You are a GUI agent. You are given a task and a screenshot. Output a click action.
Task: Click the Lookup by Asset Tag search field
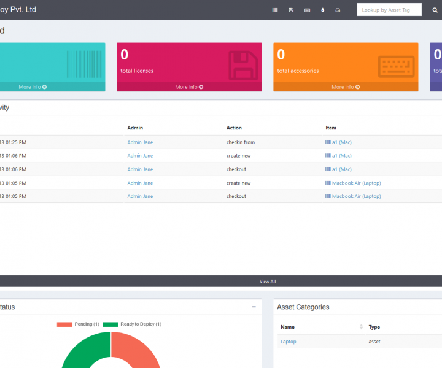(389, 10)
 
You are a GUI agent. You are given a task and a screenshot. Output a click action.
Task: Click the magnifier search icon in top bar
(435, 10)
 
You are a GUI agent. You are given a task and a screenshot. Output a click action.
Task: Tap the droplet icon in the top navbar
(323, 10)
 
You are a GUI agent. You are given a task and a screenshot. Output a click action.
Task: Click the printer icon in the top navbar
(338, 10)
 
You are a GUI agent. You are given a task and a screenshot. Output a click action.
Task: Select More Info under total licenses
(189, 87)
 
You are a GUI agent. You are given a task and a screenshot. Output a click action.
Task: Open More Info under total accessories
(346, 87)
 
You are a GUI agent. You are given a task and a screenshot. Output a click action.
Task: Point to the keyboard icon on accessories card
(396, 66)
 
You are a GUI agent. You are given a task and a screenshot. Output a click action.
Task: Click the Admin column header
(135, 128)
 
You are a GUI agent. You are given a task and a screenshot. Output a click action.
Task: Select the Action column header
(234, 128)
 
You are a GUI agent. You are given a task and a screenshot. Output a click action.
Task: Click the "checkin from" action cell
(241, 142)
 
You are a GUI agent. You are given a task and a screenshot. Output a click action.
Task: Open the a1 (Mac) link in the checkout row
(341, 169)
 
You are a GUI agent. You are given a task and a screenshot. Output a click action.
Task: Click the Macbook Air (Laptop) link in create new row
(356, 183)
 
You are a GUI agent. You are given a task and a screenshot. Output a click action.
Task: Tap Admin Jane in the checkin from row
(140, 142)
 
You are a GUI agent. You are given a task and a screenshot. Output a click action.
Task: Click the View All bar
(268, 282)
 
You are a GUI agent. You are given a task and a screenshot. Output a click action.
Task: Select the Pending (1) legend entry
(78, 324)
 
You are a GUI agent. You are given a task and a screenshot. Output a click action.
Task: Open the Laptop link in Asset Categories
(288, 342)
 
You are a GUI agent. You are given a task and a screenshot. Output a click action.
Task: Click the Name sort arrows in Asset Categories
(361, 327)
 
